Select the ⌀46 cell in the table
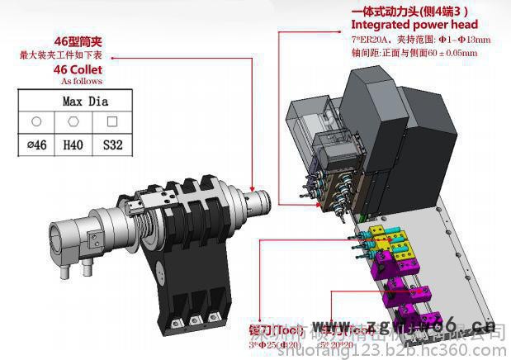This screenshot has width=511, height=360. click(36, 145)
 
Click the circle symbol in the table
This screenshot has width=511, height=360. click(36, 122)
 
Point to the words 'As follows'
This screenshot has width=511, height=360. click(82, 82)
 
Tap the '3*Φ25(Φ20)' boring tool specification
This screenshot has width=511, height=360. click(272, 344)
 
